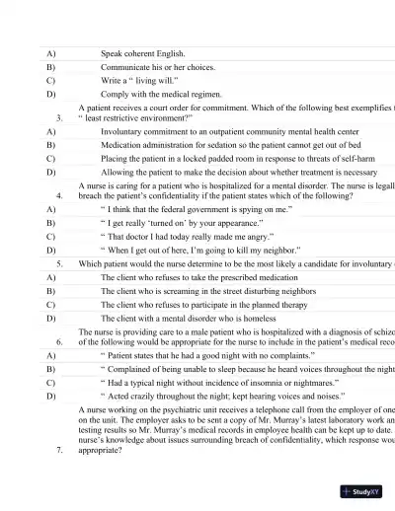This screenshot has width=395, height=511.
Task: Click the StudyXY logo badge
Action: coord(360,489)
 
